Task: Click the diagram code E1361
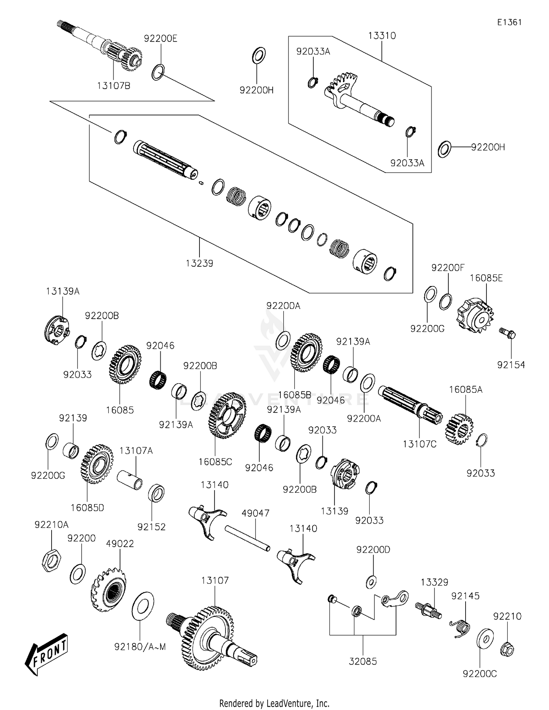(509, 22)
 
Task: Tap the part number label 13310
(382, 36)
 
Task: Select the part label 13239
(199, 263)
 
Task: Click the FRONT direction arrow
(46, 654)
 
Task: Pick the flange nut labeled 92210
(507, 649)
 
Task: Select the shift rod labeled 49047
(247, 538)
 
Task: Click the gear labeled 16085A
(459, 429)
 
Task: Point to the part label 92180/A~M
(140, 647)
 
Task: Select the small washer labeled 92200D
(371, 581)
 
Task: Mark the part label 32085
(363, 661)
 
